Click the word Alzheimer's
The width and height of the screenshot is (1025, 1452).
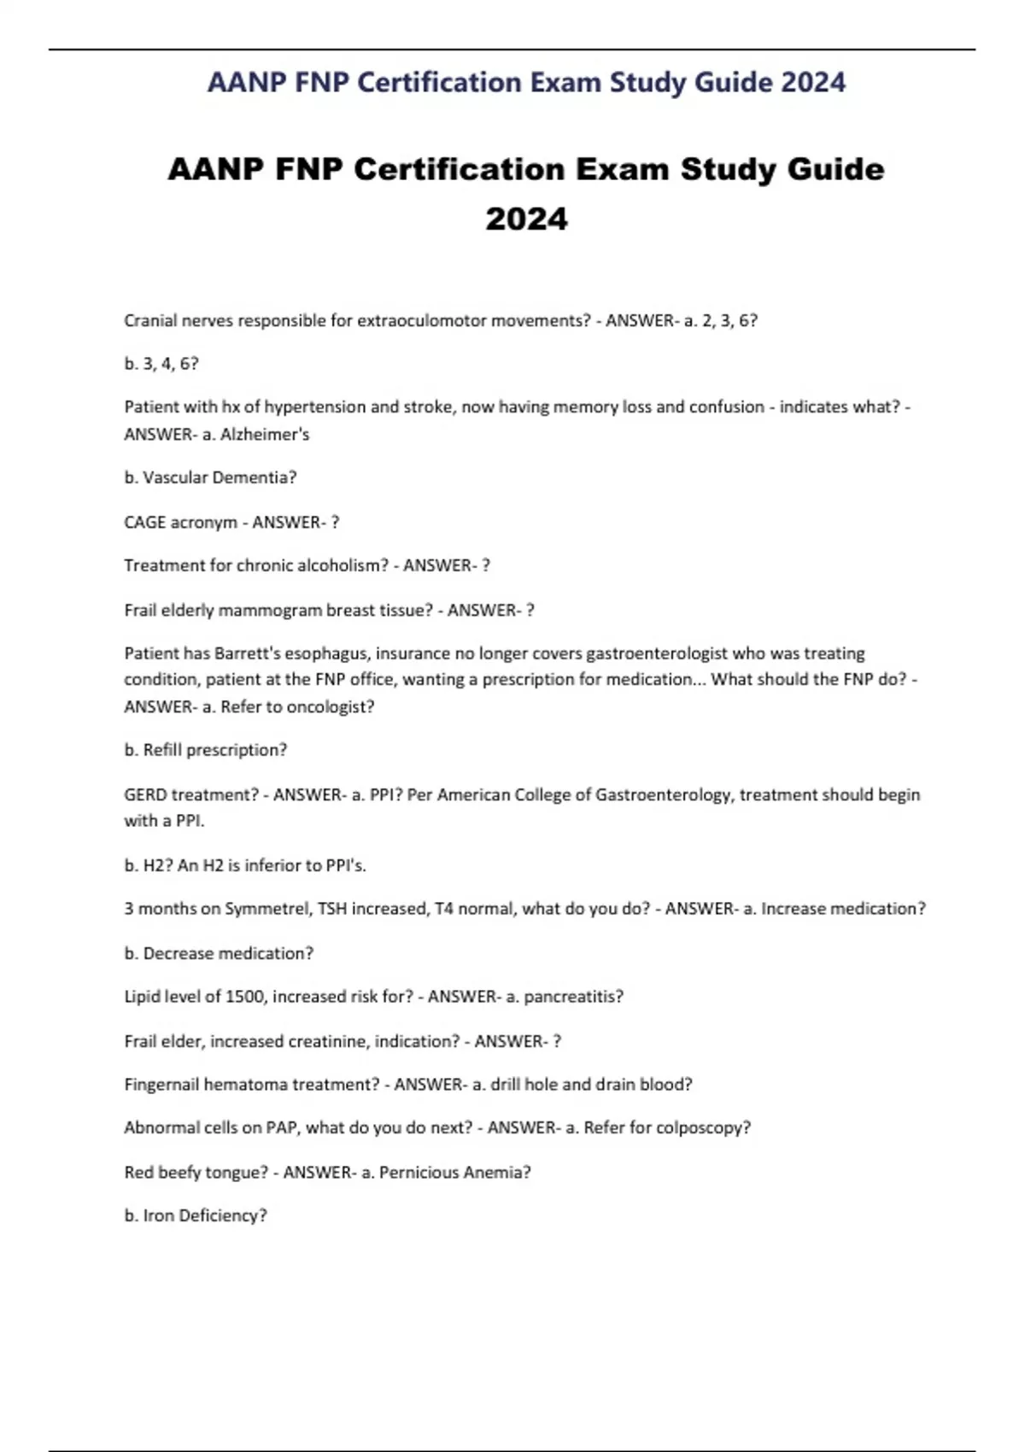click(x=265, y=434)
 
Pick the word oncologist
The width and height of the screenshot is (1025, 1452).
click(x=331, y=706)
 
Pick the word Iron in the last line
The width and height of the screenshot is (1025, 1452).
click(x=158, y=1215)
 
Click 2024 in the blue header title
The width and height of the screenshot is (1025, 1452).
click(x=813, y=82)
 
